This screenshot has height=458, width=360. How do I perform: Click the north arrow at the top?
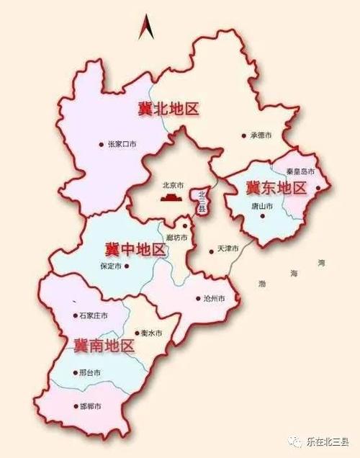click(145, 27)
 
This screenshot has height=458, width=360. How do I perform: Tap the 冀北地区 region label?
click(168, 109)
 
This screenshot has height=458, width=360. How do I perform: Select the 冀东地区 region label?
click(276, 189)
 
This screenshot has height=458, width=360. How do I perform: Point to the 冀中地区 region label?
click(135, 250)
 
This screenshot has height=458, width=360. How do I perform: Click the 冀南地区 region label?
click(104, 345)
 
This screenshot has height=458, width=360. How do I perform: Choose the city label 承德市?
click(260, 135)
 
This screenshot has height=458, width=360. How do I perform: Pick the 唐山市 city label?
click(262, 207)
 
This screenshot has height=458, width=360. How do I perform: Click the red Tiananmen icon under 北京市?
click(170, 197)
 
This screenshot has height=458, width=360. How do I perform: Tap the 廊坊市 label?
click(176, 238)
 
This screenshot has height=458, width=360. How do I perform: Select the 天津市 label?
click(228, 249)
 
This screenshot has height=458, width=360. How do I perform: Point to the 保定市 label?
click(114, 265)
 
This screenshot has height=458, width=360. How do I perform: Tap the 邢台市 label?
click(90, 373)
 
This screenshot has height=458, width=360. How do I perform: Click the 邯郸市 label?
click(90, 407)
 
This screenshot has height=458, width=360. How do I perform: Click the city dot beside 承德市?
click(244, 135)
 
